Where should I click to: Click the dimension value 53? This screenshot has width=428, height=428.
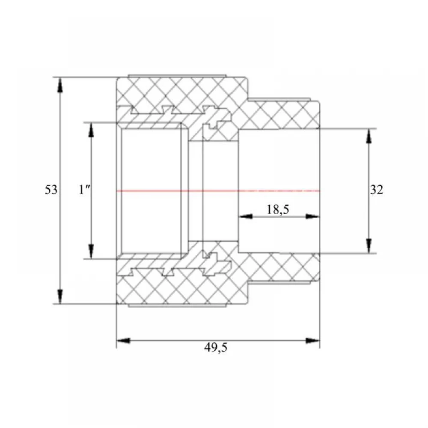51,190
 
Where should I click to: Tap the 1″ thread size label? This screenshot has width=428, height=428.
84,190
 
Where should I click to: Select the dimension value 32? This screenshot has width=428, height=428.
377,190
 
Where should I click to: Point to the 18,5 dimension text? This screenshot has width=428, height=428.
278,210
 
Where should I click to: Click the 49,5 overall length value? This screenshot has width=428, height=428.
216,348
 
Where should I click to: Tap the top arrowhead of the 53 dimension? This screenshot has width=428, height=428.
60,85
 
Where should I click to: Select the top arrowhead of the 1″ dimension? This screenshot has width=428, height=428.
92,130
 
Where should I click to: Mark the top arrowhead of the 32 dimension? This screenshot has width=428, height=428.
369,136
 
